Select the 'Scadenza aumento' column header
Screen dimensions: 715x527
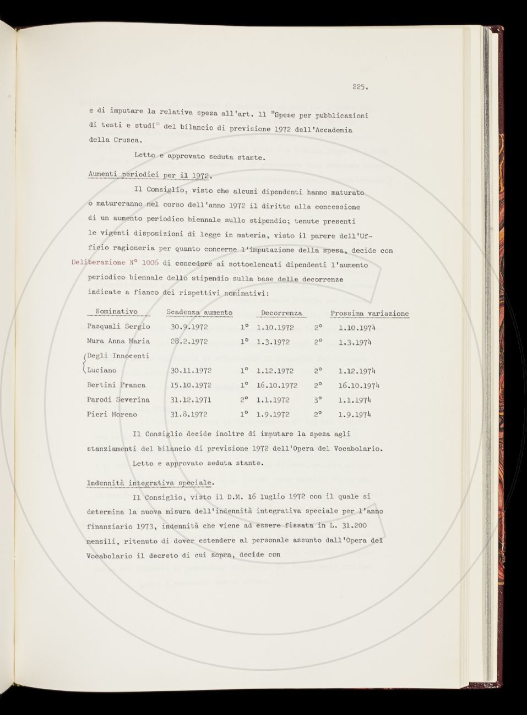point(199,312)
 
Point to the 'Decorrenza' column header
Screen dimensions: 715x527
point(282,313)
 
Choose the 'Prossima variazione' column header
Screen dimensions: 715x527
point(370,313)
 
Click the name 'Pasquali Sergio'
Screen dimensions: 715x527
point(119,327)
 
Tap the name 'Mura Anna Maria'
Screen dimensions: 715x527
point(119,341)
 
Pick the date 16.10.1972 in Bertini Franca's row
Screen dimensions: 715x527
point(277,385)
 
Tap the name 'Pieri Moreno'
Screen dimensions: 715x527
point(112,414)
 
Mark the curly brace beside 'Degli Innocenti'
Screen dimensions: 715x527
point(84,363)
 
